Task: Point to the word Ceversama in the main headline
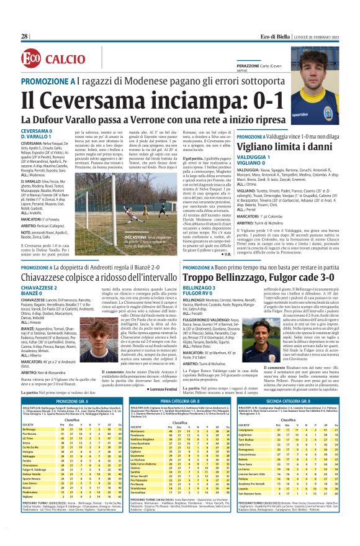[79, 99]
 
